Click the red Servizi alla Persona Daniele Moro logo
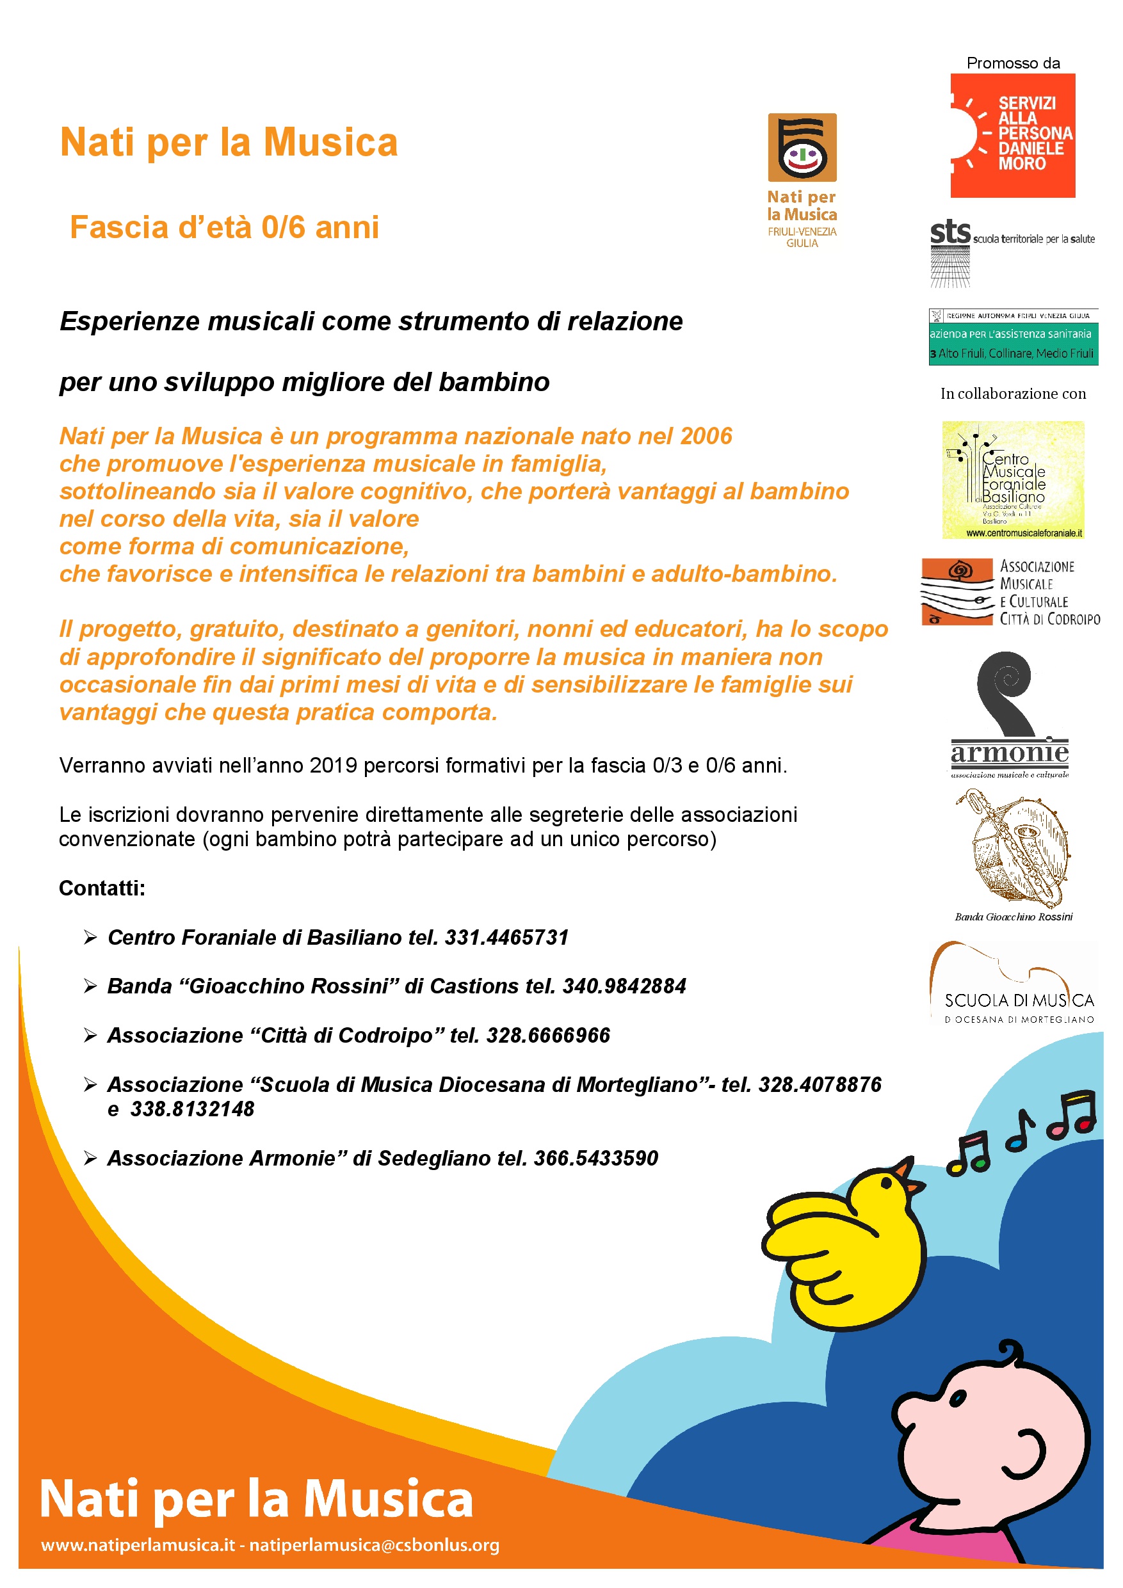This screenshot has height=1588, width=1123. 1012,136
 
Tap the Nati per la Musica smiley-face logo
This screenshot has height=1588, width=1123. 802,148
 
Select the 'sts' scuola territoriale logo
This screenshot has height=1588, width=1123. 950,232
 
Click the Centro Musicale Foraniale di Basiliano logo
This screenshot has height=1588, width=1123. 1013,479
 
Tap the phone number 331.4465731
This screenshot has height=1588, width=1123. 506,937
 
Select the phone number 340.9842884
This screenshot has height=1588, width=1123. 624,986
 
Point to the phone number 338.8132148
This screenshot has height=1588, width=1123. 192,1109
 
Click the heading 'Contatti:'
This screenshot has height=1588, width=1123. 102,888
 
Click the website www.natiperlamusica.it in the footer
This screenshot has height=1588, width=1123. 138,1544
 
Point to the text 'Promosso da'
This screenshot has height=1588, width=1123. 1013,63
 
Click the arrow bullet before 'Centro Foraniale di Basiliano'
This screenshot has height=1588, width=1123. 90,937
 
